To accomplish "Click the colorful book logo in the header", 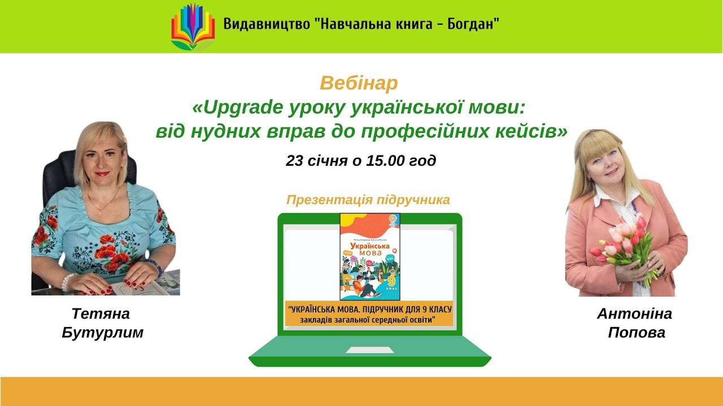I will click(x=193, y=27).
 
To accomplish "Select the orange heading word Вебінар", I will click(x=359, y=83).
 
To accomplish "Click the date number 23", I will click(x=295, y=161).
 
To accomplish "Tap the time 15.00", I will click(x=385, y=161).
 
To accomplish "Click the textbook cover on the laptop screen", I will click(x=369, y=257).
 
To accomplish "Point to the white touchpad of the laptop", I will click(x=369, y=350).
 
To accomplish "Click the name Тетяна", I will click(x=101, y=314).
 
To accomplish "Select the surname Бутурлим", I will click(x=102, y=333).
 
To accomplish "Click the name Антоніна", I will click(x=634, y=314).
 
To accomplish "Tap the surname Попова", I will click(x=637, y=333).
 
